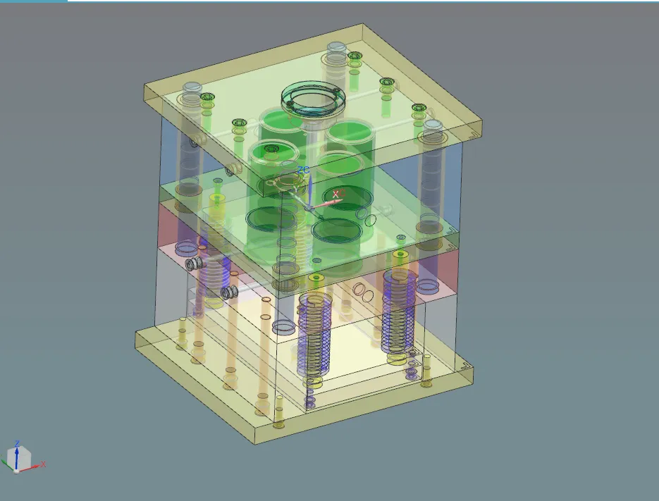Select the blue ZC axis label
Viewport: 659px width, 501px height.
[304, 170]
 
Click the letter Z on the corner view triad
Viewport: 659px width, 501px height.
[17, 443]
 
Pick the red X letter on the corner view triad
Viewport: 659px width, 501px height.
[44, 464]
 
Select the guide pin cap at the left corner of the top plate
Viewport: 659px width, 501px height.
[191, 89]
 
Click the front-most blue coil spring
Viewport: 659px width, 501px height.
[314, 331]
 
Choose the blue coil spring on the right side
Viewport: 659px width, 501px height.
[398, 310]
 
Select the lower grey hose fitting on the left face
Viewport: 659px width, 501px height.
[228, 292]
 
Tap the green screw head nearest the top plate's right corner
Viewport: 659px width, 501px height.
[419, 108]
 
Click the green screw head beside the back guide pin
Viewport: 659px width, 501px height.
[355, 56]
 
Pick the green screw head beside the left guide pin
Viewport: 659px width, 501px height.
[207, 97]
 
